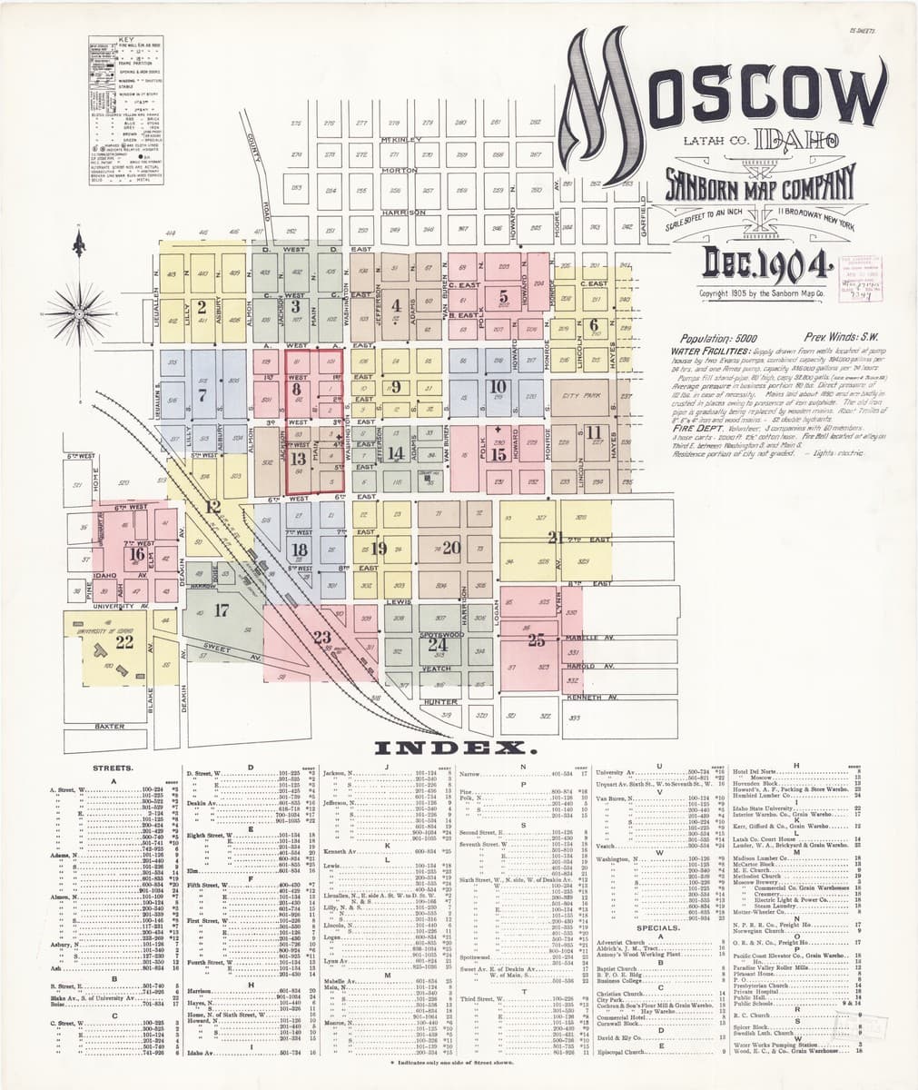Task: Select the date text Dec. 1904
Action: coord(768,263)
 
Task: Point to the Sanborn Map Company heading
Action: coord(759,185)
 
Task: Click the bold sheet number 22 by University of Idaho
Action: coord(124,642)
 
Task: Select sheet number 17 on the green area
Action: coord(221,610)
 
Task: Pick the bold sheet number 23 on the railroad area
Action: coord(321,637)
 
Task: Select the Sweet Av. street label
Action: coord(217,649)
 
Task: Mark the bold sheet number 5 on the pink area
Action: coord(503,295)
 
